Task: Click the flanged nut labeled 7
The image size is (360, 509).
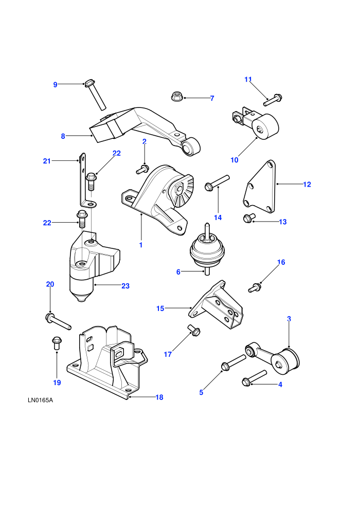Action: (176, 96)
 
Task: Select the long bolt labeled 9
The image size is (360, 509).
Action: (96, 95)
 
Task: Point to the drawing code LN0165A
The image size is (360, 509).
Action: (40, 400)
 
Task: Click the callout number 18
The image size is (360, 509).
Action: (159, 397)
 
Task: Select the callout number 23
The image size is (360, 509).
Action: (125, 286)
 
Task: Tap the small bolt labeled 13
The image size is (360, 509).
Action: (249, 218)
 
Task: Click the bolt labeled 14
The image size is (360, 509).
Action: (217, 182)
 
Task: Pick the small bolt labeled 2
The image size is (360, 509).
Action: (142, 169)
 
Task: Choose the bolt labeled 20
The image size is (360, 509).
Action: (58, 322)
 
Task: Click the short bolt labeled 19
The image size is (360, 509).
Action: (57, 343)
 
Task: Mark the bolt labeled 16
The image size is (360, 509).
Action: (255, 287)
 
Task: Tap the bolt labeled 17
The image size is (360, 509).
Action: (194, 330)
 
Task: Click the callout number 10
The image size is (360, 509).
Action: (235, 160)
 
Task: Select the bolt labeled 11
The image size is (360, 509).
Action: (273, 99)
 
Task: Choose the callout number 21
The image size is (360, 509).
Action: (47, 161)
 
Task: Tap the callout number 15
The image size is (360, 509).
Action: (160, 308)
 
